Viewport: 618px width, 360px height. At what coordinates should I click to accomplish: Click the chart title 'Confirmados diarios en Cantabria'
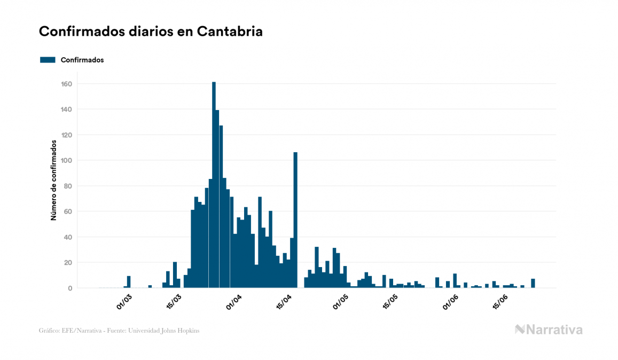point(151,32)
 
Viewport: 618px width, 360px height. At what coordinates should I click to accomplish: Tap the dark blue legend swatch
point(48,60)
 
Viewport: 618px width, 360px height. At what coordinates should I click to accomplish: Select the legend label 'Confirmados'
point(82,60)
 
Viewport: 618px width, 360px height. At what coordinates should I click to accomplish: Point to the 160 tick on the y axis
point(67,84)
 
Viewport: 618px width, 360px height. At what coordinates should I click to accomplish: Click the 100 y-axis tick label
point(67,160)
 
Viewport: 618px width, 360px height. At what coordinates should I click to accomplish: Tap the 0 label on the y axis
point(70,288)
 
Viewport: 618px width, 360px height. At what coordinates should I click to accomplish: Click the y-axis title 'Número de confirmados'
point(54,181)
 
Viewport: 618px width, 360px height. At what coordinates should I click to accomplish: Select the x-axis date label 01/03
point(124,302)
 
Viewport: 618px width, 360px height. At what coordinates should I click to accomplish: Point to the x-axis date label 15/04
point(285,302)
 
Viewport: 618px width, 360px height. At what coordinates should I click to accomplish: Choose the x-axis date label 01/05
point(340,302)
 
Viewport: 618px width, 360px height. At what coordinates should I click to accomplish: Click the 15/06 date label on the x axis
point(499,302)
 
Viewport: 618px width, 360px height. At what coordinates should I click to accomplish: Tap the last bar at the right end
point(533,284)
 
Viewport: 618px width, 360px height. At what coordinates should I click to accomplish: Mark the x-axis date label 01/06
point(451,302)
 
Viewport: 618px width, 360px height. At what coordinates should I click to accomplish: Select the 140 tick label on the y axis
point(67,109)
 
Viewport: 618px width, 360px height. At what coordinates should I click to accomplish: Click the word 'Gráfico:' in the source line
point(49,331)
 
